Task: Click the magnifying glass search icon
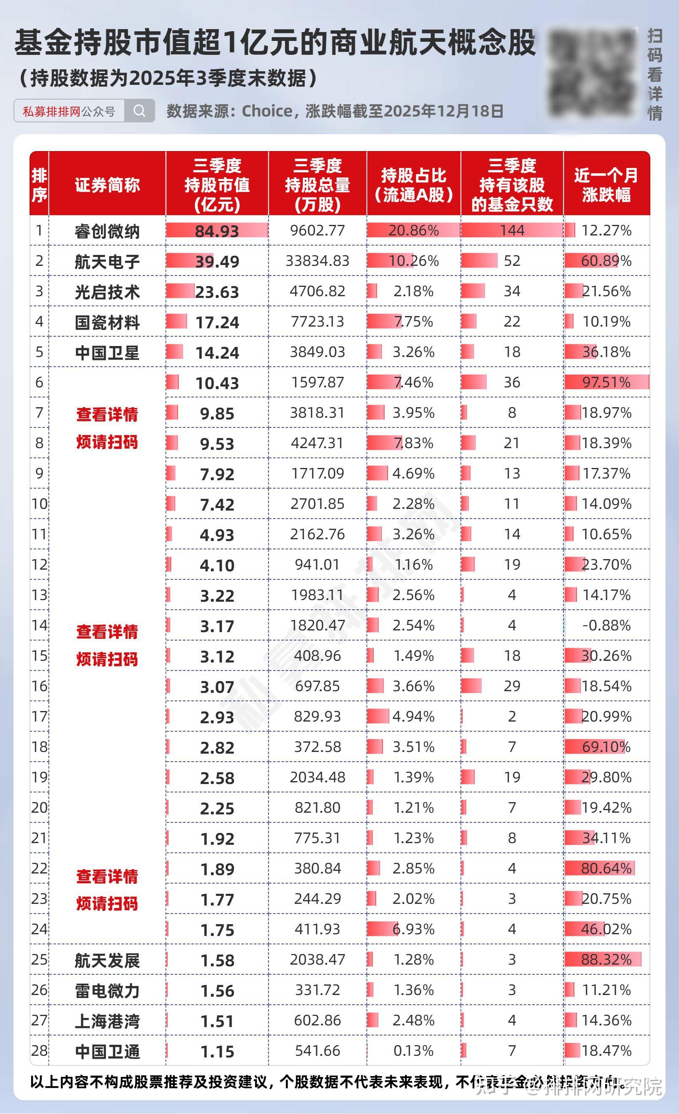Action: pos(139,111)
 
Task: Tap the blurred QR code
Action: pos(592,73)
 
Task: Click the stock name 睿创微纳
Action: pos(107,232)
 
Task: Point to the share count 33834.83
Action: pos(317,261)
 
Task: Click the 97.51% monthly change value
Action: pos(606,382)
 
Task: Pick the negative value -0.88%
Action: pos(606,625)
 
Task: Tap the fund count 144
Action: pos(512,230)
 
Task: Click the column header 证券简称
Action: pos(107,185)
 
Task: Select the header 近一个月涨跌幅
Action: pos(606,185)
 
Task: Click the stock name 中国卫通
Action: pos(107,1052)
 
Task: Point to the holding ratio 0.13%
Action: pos(413,1051)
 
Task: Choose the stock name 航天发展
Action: pos(107,960)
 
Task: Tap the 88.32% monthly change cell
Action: pos(606,960)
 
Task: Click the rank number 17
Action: pos(39,717)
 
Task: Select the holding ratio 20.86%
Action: pos(413,230)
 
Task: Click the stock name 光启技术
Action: pos(107,292)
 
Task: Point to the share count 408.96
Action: pos(317,656)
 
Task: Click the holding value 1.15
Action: pos(217,1052)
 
